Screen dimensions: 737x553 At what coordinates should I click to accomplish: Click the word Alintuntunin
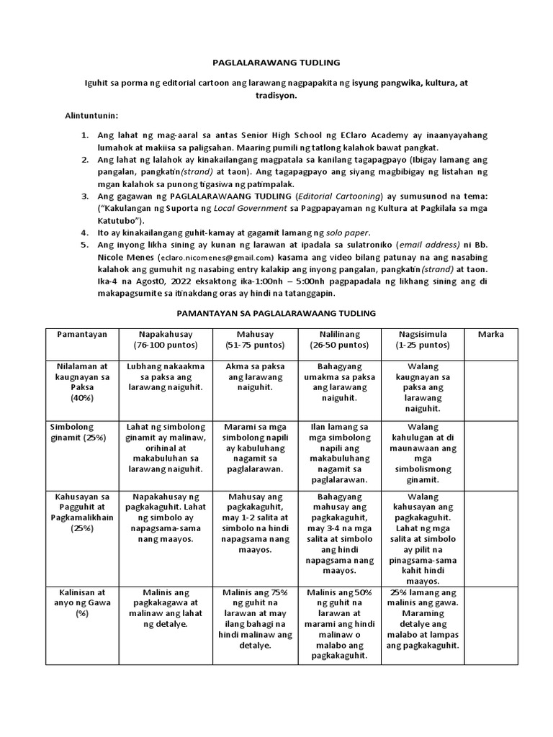pyautogui.click(x=92, y=115)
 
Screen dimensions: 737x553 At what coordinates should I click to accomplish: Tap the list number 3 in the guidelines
pyautogui.click(x=84, y=196)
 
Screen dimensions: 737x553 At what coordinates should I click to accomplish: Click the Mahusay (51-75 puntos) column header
pyautogui.click(x=250, y=340)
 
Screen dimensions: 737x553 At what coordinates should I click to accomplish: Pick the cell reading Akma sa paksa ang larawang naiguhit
pyautogui.click(x=250, y=376)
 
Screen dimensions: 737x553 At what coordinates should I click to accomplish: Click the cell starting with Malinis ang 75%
pyautogui.click(x=250, y=618)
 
